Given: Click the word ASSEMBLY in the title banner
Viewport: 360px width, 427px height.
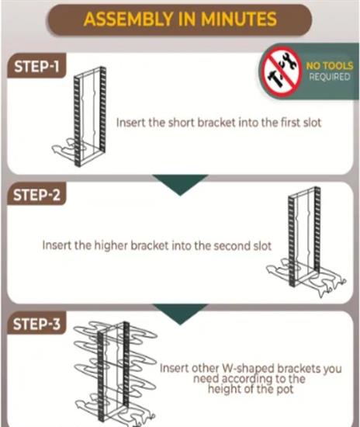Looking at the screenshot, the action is click(x=128, y=19).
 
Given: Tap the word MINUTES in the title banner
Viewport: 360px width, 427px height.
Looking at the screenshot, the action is click(x=239, y=19).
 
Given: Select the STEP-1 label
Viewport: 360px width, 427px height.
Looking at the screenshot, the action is click(x=36, y=67).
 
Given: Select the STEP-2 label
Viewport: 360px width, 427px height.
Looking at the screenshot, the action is click(x=36, y=195).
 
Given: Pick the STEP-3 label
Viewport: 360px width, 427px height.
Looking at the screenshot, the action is click(x=36, y=324).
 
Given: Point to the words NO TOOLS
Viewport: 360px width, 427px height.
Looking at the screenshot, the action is click(x=330, y=66).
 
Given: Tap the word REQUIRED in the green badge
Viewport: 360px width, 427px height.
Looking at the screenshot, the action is click(x=329, y=77).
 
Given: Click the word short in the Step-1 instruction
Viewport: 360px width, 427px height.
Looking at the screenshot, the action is click(x=182, y=123).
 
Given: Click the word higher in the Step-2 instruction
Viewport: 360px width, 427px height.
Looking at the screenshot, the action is click(x=111, y=245).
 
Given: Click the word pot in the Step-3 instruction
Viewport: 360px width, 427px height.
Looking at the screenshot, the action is click(x=285, y=389).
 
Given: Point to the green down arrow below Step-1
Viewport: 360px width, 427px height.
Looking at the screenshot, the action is click(x=180, y=185).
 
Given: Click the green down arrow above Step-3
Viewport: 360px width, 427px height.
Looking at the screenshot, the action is click(x=180, y=314).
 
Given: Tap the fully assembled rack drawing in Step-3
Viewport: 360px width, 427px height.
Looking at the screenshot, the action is click(x=116, y=373).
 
